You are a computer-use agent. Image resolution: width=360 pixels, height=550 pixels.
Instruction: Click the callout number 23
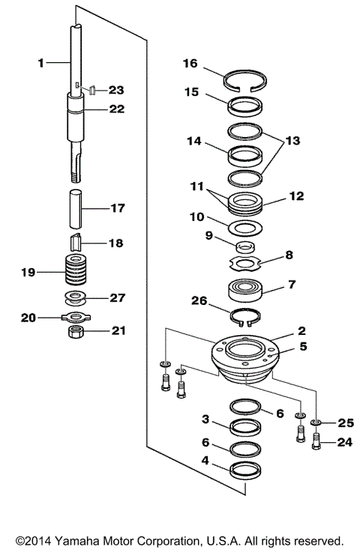coord(116,90)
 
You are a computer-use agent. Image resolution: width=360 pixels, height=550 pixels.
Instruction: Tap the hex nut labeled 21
coord(75,331)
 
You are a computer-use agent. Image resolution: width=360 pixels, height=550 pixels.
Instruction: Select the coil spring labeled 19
coord(76,270)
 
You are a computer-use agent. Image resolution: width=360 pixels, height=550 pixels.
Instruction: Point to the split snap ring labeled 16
coord(245,82)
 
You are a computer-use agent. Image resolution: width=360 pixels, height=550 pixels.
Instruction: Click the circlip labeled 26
coord(245,315)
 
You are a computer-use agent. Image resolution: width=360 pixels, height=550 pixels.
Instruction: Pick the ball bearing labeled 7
coord(245,289)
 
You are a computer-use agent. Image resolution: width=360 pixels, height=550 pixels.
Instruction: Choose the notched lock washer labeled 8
coord(245,264)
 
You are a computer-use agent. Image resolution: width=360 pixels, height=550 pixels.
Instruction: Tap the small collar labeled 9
coord(245,247)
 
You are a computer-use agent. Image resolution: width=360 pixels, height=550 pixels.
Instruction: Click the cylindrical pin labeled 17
coord(75,209)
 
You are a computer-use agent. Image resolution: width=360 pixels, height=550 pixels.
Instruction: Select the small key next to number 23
coord(92,90)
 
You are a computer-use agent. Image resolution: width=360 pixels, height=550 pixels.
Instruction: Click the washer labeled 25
coord(316,423)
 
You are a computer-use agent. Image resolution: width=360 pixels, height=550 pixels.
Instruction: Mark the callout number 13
coord(293,141)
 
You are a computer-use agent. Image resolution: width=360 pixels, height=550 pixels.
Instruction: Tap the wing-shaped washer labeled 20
coord(76,318)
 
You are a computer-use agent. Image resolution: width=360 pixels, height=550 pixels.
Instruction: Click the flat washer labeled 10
coord(244,229)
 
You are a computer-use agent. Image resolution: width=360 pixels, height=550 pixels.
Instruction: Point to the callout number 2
coord(301,330)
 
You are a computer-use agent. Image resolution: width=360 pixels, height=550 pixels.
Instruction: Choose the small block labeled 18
coord(76,242)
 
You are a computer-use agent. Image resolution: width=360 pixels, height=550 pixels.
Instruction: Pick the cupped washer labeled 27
coord(76,297)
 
